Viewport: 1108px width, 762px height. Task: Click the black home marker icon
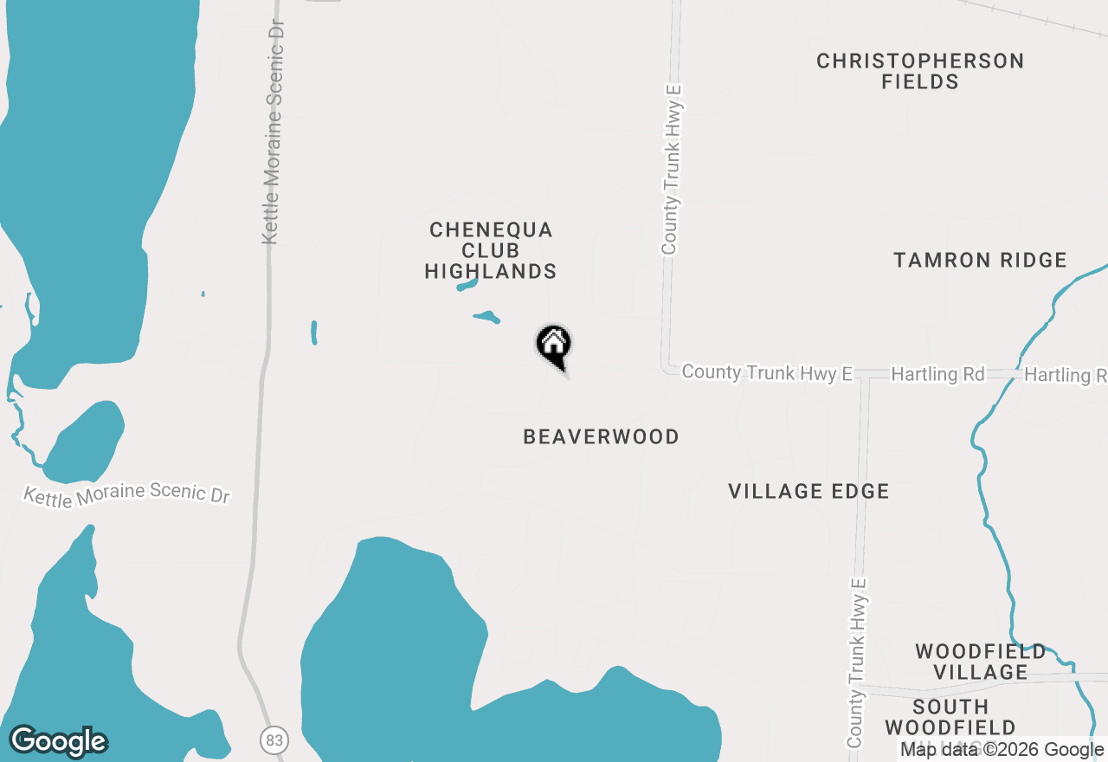(554, 345)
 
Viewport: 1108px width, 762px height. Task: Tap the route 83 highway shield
(274, 740)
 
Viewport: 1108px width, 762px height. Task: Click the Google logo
(59, 741)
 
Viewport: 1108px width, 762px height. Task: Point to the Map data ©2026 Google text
(1002, 750)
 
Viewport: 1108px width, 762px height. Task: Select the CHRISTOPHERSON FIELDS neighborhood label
(920, 72)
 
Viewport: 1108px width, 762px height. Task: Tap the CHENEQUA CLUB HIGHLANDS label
(491, 251)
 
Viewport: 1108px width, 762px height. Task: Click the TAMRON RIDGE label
(980, 260)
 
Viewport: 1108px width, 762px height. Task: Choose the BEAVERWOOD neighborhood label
(601, 436)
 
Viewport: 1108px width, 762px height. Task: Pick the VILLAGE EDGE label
(808, 492)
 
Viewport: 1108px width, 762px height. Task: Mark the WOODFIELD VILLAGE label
(981, 662)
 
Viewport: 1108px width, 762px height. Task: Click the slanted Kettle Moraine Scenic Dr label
(126, 494)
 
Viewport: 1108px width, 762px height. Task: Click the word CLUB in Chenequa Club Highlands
(491, 251)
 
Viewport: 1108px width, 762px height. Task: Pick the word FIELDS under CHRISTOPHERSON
(920, 82)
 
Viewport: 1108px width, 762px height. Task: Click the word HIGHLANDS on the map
(491, 272)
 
